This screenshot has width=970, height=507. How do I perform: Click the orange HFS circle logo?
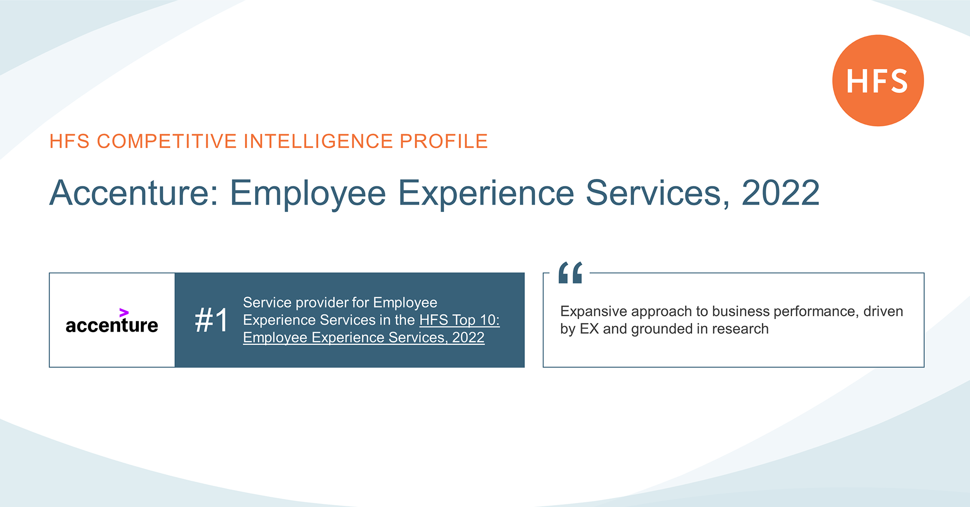point(878,80)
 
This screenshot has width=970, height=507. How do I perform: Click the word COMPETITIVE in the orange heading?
point(167,142)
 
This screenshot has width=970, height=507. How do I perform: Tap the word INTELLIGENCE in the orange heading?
point(318,142)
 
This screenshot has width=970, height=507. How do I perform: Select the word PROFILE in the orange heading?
point(444,142)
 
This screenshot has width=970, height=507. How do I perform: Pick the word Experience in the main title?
point(486,194)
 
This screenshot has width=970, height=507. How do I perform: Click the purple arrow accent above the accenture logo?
point(124,312)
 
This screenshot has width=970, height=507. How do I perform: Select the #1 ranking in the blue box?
point(212,320)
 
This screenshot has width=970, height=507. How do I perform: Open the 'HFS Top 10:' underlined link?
point(459,320)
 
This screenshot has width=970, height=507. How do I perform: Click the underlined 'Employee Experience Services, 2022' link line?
point(364,338)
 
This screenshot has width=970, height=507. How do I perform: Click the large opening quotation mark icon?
point(570,272)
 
